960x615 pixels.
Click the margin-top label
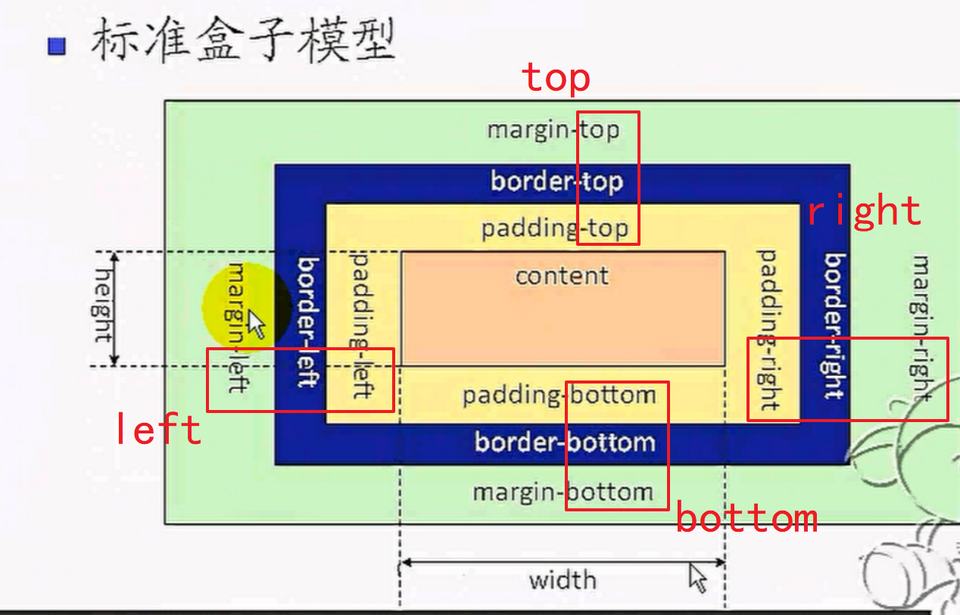(553, 130)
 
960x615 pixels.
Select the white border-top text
(556, 182)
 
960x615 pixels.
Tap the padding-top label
(555, 228)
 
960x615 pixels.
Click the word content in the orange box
(562, 275)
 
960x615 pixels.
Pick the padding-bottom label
(559, 395)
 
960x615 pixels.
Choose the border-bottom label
(565, 442)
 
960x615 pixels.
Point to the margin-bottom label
(563, 492)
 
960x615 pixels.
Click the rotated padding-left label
(360, 325)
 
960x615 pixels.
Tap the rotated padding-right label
(769, 330)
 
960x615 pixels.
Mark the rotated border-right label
(834, 325)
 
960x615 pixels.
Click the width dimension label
(563, 581)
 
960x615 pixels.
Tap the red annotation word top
(556, 78)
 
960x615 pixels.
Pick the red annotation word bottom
(746, 519)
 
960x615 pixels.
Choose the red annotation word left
(158, 430)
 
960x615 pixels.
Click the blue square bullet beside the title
(57, 47)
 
